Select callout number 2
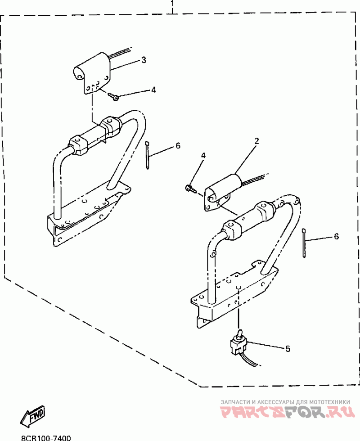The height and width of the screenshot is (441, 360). tap(256, 141)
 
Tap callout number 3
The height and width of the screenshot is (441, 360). tap(144, 60)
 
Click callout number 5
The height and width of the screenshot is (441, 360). tap(288, 348)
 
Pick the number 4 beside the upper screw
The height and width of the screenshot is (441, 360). tap(153, 90)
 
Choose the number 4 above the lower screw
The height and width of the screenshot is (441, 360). tap(203, 156)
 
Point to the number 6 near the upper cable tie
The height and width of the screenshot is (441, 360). tap(178, 146)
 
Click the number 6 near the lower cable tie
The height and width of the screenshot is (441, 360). tap(336, 236)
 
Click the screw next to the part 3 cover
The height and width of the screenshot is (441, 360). tap(114, 95)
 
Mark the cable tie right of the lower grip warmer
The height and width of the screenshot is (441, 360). tap(305, 243)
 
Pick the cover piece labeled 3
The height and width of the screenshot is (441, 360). tap(93, 72)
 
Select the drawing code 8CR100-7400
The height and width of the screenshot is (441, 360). tap(45, 437)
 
